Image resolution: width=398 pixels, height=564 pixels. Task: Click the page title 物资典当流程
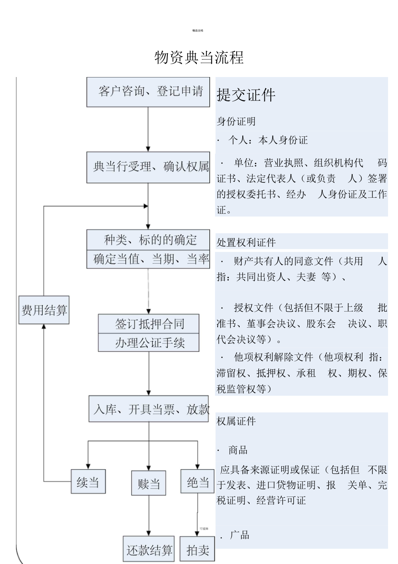click(x=199, y=58)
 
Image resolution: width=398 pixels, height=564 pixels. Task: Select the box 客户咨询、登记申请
click(x=148, y=92)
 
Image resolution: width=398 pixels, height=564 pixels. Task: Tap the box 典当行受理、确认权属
click(x=148, y=167)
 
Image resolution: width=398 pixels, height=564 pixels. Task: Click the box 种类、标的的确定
click(x=148, y=240)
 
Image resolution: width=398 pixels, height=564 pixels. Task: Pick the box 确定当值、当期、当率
click(x=148, y=259)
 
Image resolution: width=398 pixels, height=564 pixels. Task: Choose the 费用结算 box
click(x=44, y=309)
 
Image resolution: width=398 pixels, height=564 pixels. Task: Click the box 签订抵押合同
click(x=149, y=324)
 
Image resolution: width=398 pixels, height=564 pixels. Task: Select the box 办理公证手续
click(x=149, y=343)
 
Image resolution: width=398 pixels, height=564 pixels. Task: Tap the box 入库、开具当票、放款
click(x=149, y=409)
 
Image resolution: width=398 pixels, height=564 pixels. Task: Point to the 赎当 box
click(x=148, y=483)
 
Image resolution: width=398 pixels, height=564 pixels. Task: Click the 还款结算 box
click(x=149, y=549)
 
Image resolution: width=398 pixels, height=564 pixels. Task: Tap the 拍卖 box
click(x=197, y=549)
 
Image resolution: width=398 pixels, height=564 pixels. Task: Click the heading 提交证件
click(x=246, y=95)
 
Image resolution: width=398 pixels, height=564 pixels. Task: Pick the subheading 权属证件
click(x=236, y=421)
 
